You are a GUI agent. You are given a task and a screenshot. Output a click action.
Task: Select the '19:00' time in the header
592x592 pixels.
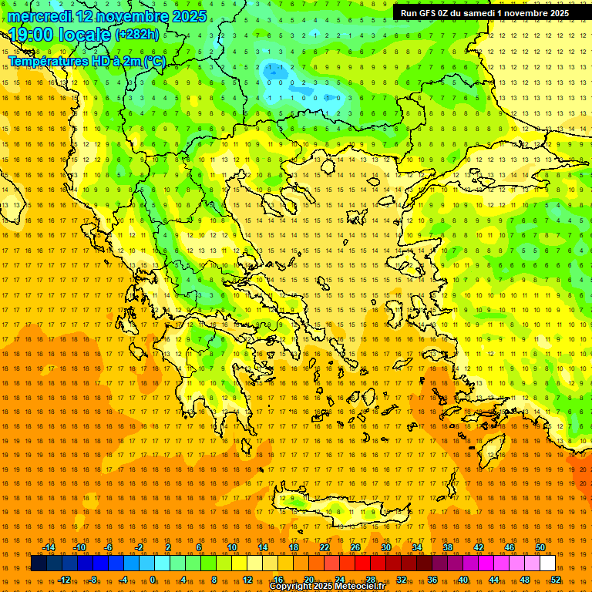[x=32, y=34]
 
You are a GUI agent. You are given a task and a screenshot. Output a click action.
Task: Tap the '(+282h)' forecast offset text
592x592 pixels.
[x=136, y=34]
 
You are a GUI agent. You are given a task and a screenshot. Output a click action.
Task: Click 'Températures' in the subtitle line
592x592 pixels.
[x=45, y=61]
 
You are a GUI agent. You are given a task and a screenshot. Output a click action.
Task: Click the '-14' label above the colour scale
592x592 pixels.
[x=49, y=547]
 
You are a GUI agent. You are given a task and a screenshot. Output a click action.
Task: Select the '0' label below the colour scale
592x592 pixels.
[x=153, y=579]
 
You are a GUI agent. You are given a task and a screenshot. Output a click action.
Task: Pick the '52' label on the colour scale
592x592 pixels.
[x=557, y=579]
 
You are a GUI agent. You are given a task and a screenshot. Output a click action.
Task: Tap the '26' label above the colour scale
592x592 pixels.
[x=355, y=547]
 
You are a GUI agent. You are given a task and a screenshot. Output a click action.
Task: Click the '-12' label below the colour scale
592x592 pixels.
[x=64, y=579]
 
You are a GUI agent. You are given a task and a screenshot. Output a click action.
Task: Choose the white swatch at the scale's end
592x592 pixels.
[x=548, y=563]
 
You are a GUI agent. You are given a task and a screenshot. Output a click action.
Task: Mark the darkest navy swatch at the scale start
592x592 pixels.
[x=39, y=563]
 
